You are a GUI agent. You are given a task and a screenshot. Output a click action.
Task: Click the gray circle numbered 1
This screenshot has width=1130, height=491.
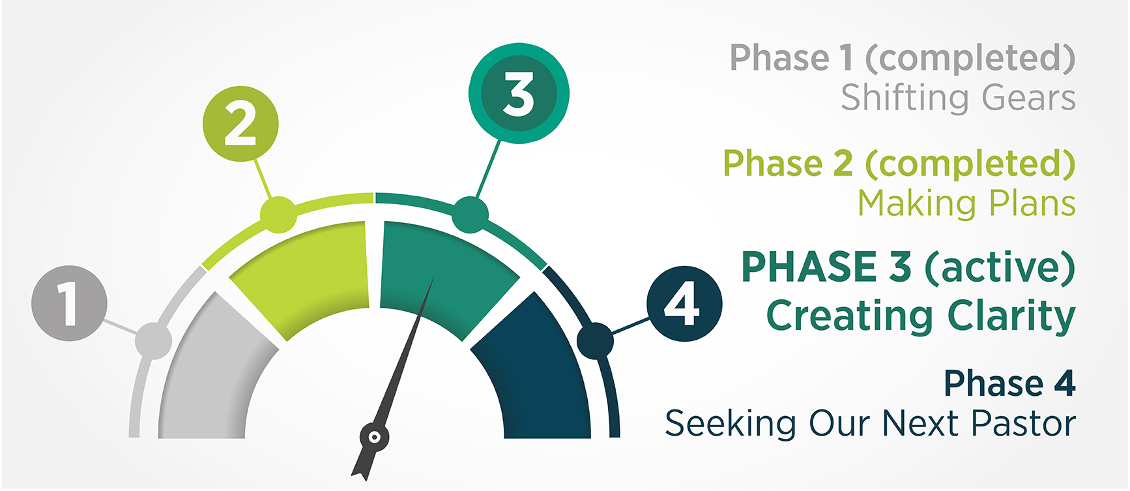point(69,303)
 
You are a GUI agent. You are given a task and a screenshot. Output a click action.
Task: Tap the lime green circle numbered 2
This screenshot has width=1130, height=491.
point(240,124)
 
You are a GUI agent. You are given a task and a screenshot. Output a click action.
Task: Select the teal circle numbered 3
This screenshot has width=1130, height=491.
point(519,93)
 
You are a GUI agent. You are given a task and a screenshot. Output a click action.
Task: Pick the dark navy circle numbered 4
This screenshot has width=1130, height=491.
point(684,304)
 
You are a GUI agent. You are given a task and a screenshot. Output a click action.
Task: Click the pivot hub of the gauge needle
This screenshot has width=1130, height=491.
point(375,438)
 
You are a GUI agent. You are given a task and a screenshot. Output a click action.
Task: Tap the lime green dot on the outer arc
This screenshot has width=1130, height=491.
point(278,215)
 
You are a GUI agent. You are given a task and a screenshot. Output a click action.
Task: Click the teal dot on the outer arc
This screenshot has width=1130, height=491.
point(470,215)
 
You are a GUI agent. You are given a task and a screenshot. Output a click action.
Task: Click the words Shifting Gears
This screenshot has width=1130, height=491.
point(958,98)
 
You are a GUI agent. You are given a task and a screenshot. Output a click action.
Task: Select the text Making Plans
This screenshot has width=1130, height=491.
point(966,203)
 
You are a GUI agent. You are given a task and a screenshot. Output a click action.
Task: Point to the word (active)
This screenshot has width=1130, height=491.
point(1000,267)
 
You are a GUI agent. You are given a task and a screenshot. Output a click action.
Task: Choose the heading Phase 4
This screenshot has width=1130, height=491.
point(1009,383)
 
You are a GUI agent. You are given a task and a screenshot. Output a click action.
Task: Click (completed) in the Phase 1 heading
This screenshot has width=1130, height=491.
point(970,59)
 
